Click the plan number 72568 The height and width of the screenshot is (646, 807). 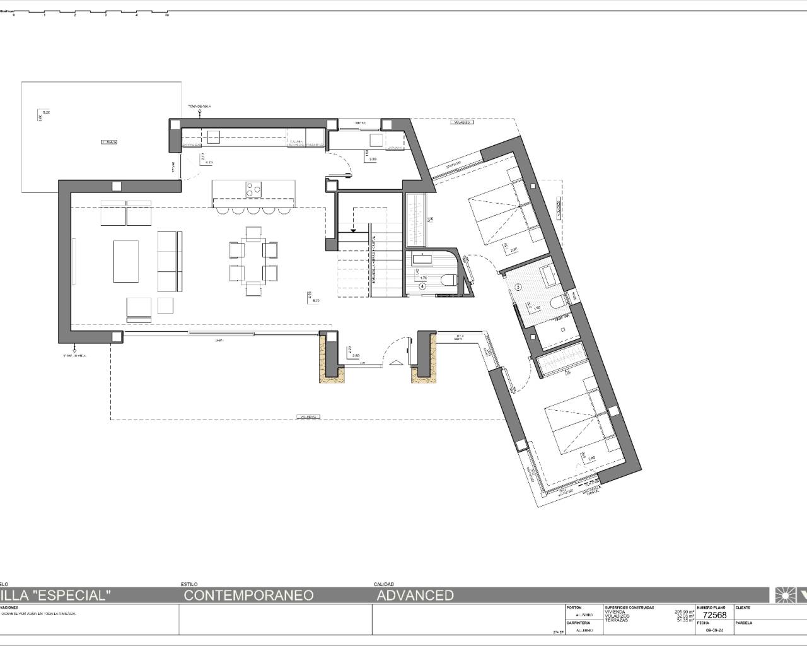pos(714,616)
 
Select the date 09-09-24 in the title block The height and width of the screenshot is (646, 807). pos(714,630)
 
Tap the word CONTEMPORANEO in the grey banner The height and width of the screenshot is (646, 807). pos(248,595)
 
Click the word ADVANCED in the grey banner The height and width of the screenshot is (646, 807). pos(415,595)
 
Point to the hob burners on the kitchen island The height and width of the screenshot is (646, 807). pos(253,189)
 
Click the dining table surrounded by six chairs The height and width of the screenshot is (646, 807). pos(253,261)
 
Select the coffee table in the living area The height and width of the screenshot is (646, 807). pos(126,261)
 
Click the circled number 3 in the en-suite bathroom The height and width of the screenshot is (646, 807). pos(518,286)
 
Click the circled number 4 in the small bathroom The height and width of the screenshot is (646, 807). pos(422,286)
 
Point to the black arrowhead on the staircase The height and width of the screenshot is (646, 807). pos(353,230)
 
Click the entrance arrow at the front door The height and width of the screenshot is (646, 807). pos(395,362)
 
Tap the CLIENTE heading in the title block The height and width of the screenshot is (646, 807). pos(743,608)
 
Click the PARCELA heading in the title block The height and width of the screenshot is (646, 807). pos(744,623)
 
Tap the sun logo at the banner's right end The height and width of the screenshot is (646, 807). pos(784,595)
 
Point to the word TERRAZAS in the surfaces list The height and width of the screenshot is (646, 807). pos(617,620)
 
